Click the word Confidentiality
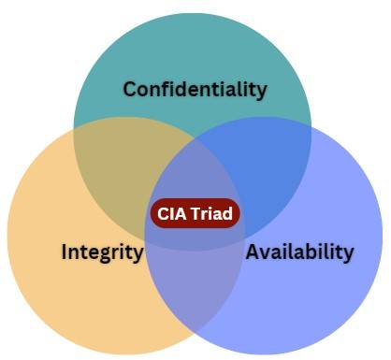[195, 90]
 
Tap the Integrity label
[102, 252]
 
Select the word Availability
[299, 252]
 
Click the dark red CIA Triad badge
[195, 213]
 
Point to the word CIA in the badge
[171, 213]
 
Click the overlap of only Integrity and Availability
[195, 290]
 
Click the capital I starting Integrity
[64, 252]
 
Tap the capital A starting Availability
[252, 252]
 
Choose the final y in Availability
[349, 254]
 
